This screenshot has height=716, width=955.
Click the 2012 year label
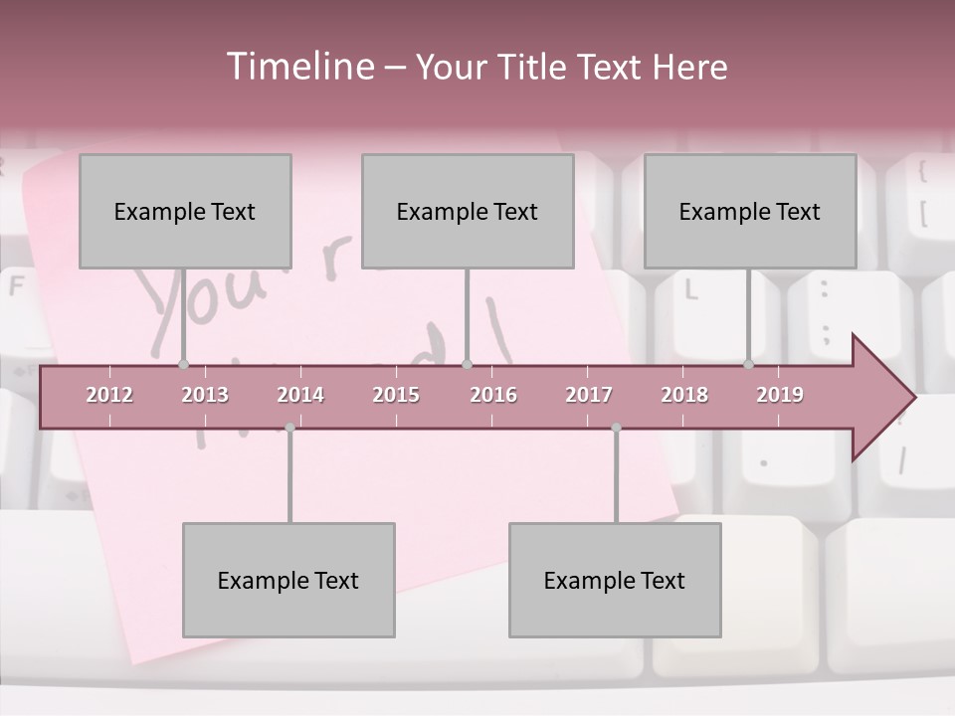point(109,395)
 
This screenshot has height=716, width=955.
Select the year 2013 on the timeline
point(205,395)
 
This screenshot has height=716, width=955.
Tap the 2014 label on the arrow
point(300,395)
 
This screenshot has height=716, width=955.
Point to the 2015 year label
point(396,395)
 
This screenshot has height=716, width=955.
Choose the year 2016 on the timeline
point(493,395)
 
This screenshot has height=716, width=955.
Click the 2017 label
point(589,395)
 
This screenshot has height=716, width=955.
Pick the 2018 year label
point(684,395)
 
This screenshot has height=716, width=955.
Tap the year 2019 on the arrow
point(780,395)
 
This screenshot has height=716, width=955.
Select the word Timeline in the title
point(298,67)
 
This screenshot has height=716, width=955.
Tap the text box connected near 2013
point(185,211)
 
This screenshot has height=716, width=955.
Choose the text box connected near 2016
point(468,211)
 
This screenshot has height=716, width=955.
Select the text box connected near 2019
point(750,211)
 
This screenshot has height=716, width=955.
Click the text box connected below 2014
point(288,580)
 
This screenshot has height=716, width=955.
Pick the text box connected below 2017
point(615,580)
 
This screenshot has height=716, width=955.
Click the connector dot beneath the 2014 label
point(289,428)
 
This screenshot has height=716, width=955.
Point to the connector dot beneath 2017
point(616,428)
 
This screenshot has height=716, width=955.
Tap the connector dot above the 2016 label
point(467,364)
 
